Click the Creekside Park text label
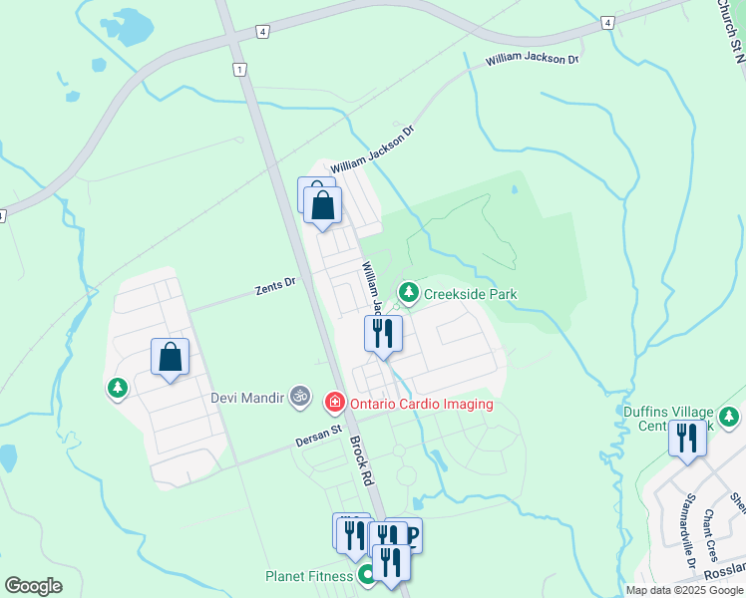pyautogui.click(x=471, y=294)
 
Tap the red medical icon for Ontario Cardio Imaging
pyautogui.click(x=335, y=403)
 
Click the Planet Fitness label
pyautogui.click(x=309, y=576)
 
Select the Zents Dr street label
pyautogui.click(x=275, y=286)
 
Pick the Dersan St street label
pyautogui.click(x=318, y=435)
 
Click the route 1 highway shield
pyautogui.click(x=239, y=69)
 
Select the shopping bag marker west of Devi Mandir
pyautogui.click(x=170, y=357)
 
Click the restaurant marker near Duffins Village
pyautogui.click(x=686, y=440)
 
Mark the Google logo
pyautogui.click(x=33, y=586)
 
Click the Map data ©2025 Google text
pyautogui.click(x=683, y=589)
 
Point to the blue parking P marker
pyautogui.click(x=411, y=535)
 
